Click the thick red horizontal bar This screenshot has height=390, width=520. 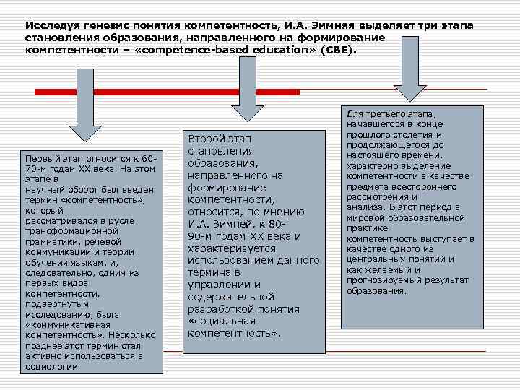pos(166,92)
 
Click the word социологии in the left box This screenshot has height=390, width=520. pos(53,366)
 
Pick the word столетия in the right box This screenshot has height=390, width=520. pos(418,135)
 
